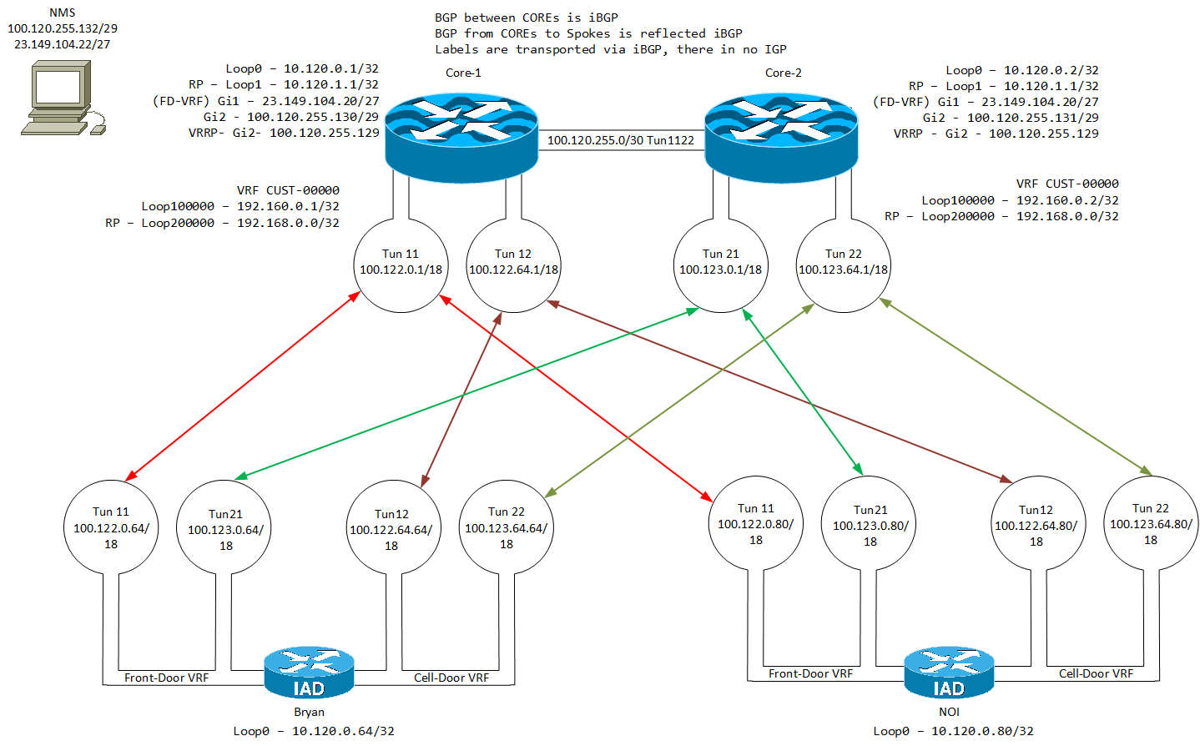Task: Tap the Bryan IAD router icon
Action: click(309, 673)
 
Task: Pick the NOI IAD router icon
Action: click(949, 673)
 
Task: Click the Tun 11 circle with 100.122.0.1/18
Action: click(401, 265)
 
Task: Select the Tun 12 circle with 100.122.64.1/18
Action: click(513, 265)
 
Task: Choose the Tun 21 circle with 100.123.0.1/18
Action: click(721, 265)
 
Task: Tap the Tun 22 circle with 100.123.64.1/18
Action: click(844, 265)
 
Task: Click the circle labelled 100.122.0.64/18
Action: click(111, 527)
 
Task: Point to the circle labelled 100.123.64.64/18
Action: click(507, 527)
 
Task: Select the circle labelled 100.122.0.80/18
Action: click(756, 523)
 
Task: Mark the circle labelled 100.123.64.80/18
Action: click(1151, 523)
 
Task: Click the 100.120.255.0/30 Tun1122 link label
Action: click(621, 140)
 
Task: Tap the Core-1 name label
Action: click(463, 73)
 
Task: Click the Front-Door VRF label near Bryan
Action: click(166, 678)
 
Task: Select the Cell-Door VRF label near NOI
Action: click(1096, 673)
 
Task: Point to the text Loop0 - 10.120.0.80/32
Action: click(953, 731)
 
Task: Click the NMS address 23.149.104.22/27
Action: click(63, 44)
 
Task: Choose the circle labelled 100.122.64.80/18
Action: click(1036, 525)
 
